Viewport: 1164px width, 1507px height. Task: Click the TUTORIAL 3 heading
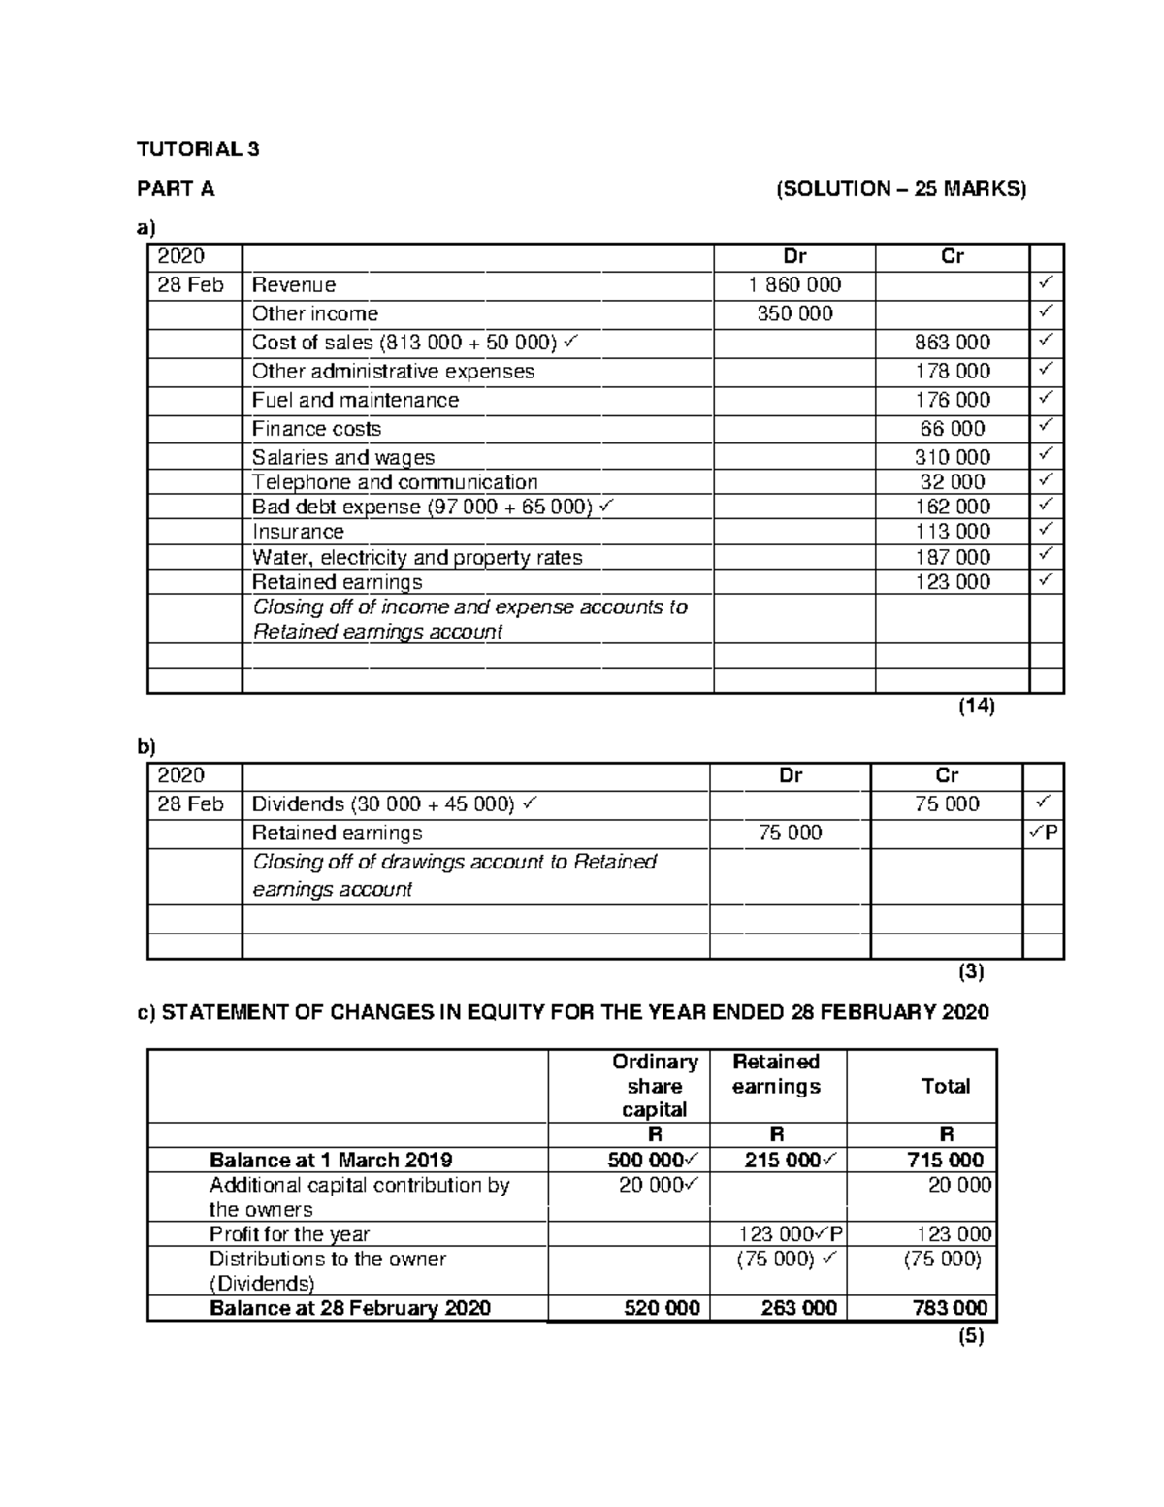198,149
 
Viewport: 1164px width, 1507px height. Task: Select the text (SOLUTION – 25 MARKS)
900,189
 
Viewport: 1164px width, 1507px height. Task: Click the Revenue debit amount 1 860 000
794,285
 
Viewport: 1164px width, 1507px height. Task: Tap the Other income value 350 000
794,314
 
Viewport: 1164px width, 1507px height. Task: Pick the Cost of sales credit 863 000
952,343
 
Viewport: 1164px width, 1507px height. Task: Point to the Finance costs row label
316,429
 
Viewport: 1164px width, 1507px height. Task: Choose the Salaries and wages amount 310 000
952,457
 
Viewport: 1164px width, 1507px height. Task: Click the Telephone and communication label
395,482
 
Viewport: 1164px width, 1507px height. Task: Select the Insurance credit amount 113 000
952,532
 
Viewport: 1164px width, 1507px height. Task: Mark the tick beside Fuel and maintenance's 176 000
1045,399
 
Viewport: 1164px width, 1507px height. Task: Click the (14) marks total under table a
976,706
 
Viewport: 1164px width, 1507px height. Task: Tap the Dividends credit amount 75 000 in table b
947,804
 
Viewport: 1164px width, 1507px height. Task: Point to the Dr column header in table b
791,775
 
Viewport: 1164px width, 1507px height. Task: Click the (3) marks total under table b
970,971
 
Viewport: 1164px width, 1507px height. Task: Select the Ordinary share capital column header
655,1086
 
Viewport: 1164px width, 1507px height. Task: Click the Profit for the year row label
289,1234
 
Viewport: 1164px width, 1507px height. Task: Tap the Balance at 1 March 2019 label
331,1161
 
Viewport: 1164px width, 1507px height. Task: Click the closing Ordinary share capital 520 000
661,1308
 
